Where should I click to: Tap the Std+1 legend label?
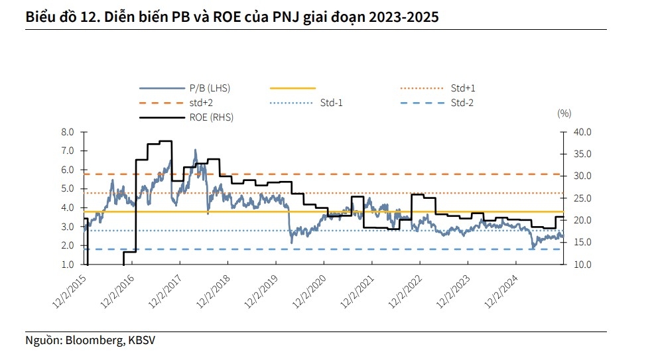pyautogui.click(x=463, y=88)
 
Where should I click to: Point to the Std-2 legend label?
pyautogui.click(x=462, y=103)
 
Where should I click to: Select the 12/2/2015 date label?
pyautogui.click(x=70, y=289)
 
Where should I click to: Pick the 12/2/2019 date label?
pyautogui.click(x=262, y=289)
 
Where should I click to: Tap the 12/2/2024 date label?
pyautogui.click(x=503, y=289)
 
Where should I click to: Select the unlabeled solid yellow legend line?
pyautogui.click(x=293, y=88)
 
